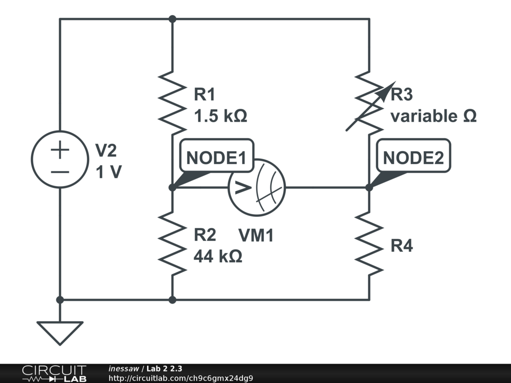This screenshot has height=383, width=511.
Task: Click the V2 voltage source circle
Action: point(59,160)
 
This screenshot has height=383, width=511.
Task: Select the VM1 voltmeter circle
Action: point(256,188)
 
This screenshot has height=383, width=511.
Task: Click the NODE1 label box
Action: point(216,158)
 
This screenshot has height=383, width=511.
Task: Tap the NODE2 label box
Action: point(413,158)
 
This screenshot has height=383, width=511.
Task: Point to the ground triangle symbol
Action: point(59,332)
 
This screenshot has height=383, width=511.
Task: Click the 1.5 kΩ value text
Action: point(220,116)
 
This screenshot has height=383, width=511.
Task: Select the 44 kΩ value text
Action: point(218,257)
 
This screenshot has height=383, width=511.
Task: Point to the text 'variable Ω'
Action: point(433,116)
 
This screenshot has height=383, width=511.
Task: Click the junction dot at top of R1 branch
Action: point(172,19)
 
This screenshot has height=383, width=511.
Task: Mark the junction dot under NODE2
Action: point(369,188)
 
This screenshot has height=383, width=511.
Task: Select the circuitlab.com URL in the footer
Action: point(181,378)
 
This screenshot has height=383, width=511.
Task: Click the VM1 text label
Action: point(256,235)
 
